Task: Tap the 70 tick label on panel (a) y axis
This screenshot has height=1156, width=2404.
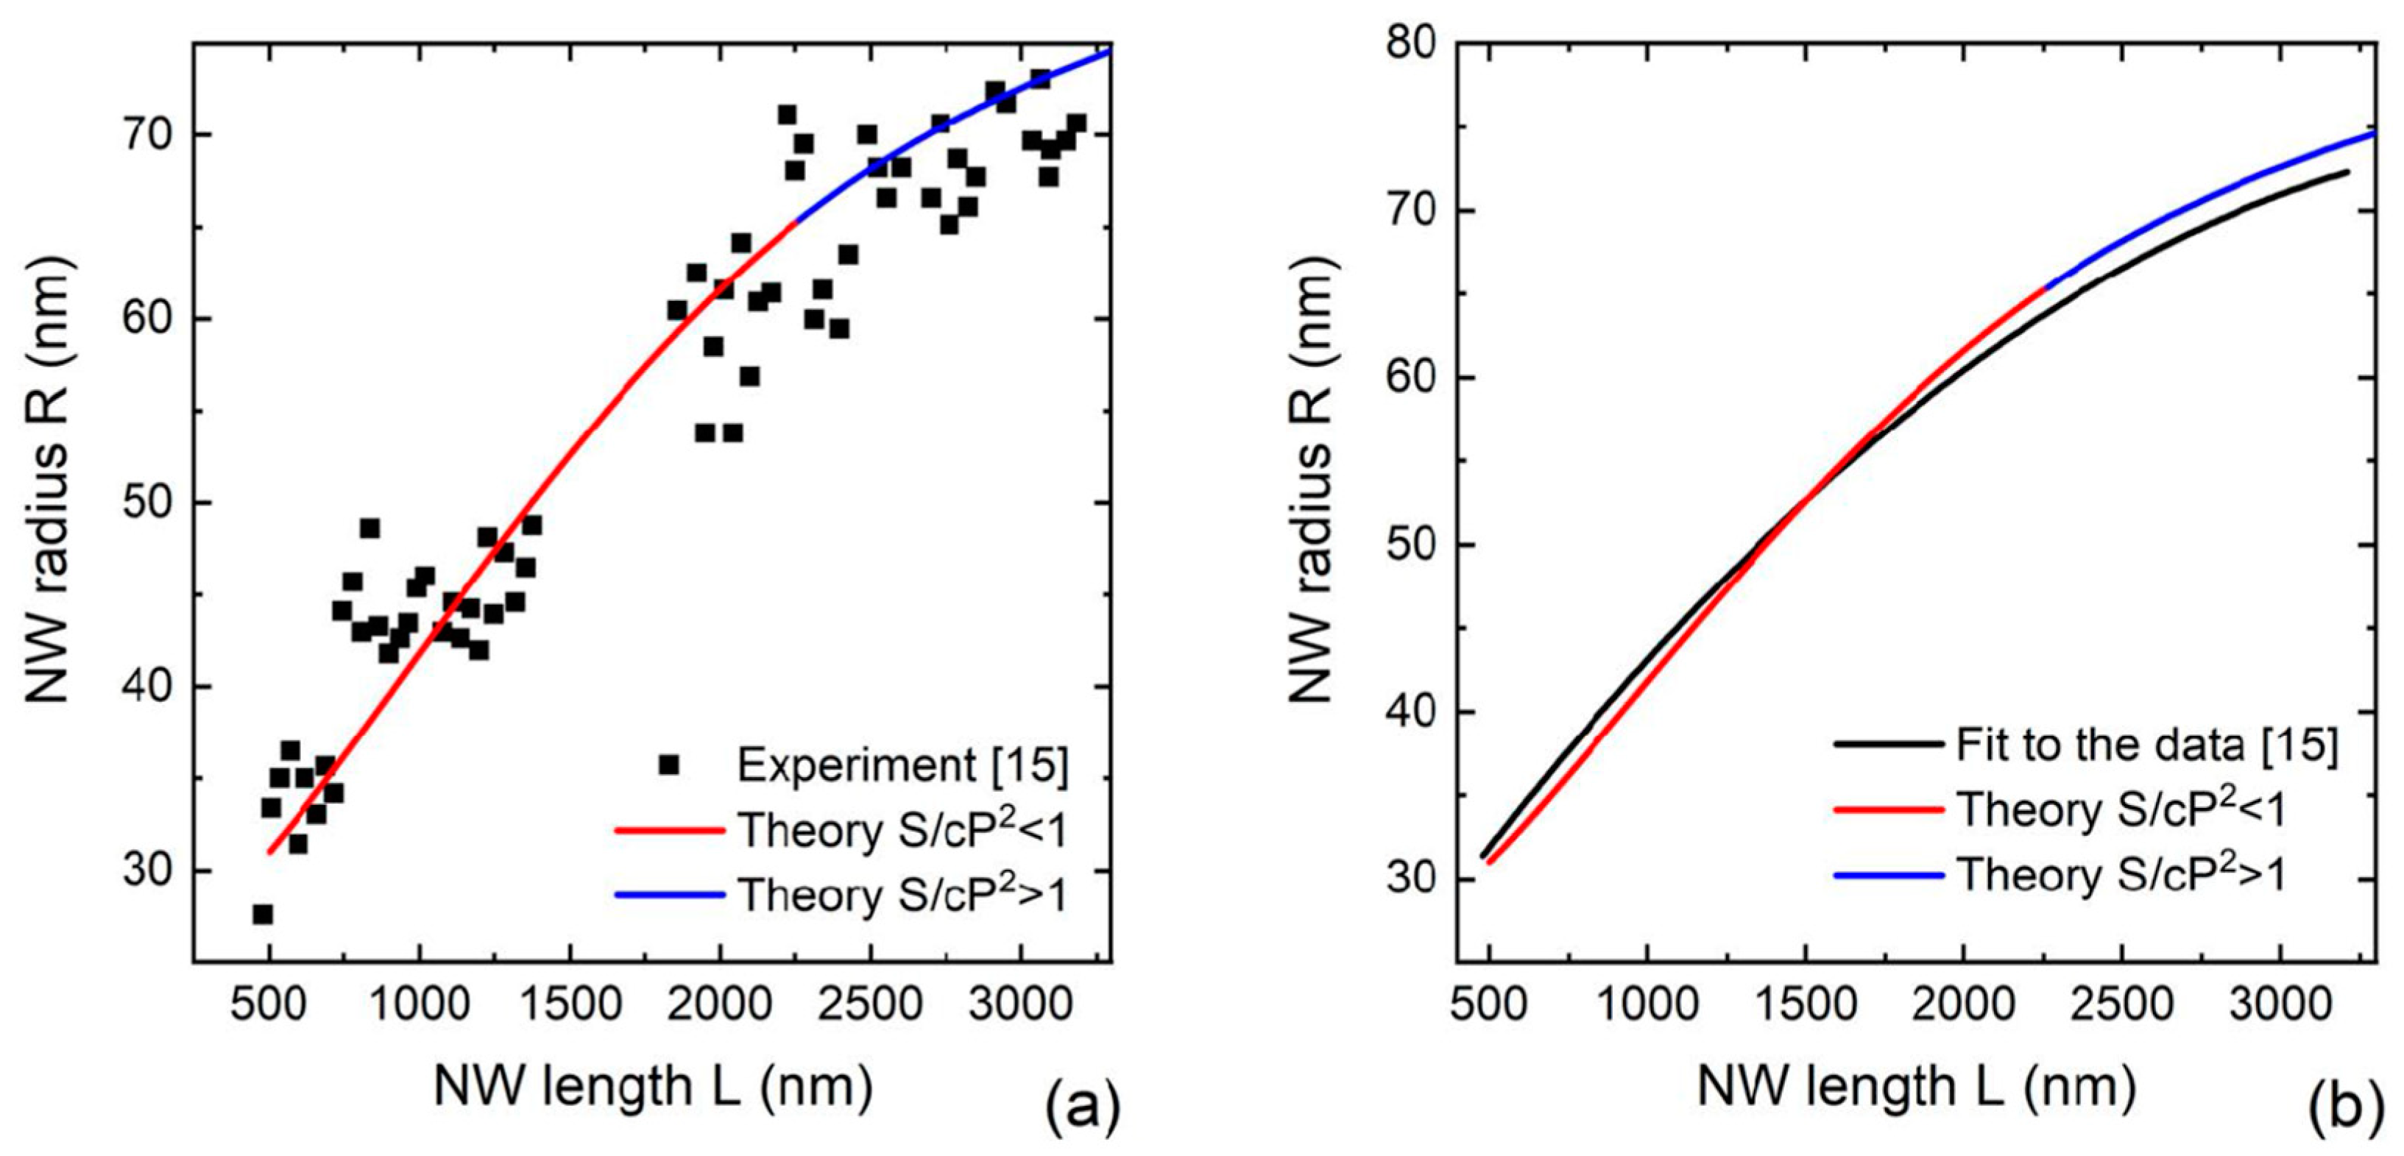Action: click(145, 136)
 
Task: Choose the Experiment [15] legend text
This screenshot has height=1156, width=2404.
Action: click(902, 766)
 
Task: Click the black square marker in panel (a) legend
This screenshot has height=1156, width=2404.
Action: click(668, 765)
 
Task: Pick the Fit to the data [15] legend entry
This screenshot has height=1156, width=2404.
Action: click(2146, 745)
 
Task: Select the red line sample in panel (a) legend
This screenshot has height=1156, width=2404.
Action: click(669, 829)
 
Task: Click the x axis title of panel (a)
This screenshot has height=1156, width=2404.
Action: click(654, 1087)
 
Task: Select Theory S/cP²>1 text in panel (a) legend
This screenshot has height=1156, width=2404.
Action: click(902, 895)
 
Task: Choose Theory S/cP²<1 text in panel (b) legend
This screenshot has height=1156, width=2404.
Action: click(2121, 810)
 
